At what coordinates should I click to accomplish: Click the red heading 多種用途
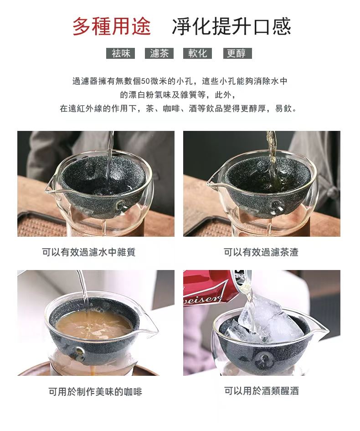(x=112, y=26)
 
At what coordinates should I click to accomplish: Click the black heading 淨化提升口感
(x=231, y=26)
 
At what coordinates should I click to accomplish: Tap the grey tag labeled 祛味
(x=121, y=53)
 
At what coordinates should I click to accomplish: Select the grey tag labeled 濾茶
(x=159, y=53)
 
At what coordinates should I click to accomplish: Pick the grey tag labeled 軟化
(x=197, y=53)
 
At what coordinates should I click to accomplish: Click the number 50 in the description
(x=145, y=81)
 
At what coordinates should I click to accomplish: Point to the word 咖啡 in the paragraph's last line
(x=171, y=109)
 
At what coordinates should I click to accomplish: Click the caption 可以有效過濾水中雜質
(x=89, y=252)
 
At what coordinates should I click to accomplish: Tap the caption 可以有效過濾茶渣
(x=261, y=252)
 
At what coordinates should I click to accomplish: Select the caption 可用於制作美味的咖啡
(x=95, y=391)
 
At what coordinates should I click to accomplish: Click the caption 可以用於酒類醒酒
(x=262, y=390)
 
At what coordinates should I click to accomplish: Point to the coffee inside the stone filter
(x=94, y=325)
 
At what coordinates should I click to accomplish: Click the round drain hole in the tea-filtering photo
(x=276, y=206)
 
